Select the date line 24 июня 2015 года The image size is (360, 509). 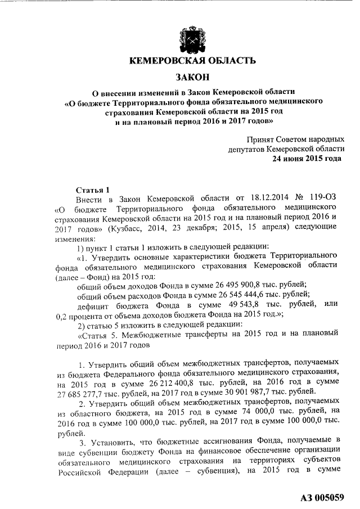(307, 159)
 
